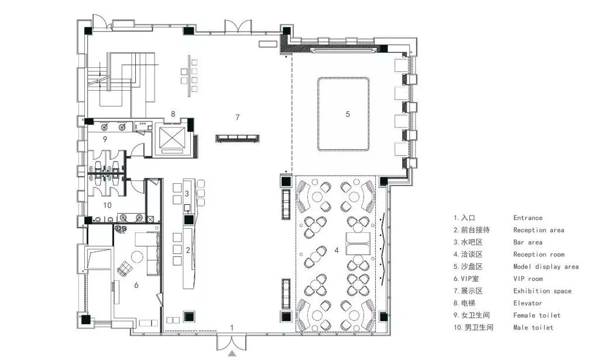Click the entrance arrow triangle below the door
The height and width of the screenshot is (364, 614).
click(x=232, y=354)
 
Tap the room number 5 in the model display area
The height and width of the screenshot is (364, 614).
click(x=348, y=114)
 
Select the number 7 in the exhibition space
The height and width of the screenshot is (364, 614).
click(x=237, y=117)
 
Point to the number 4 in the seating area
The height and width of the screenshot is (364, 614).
click(x=337, y=250)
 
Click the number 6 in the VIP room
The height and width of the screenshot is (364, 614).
click(x=136, y=285)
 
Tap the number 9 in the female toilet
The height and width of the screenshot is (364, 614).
click(x=105, y=139)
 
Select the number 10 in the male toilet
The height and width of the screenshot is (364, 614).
click(x=107, y=205)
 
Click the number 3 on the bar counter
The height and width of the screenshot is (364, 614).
click(x=187, y=193)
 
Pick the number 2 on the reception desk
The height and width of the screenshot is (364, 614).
click(x=188, y=250)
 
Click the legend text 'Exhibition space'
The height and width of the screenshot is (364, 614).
click(x=543, y=291)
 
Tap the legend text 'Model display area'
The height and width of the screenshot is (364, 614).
click(x=546, y=266)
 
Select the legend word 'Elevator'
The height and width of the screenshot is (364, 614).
click(x=528, y=303)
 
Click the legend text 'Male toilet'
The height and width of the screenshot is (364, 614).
click(x=533, y=327)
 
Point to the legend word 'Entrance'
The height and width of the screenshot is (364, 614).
click(x=528, y=218)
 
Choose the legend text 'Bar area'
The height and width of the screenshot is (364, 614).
click(x=528, y=242)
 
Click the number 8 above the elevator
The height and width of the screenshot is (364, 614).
click(x=173, y=114)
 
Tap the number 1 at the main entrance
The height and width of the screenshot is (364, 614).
click(x=232, y=328)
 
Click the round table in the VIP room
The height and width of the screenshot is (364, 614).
click(x=138, y=257)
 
